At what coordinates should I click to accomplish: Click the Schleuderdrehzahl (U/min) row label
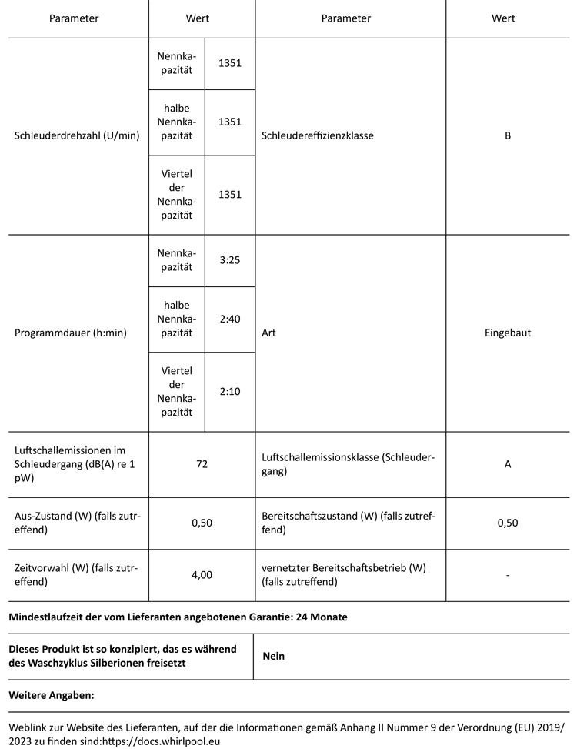coord(77,135)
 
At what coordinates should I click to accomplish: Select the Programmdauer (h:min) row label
coord(71,333)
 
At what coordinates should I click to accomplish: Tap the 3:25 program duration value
coord(230,260)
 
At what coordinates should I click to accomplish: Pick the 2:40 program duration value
coord(230,318)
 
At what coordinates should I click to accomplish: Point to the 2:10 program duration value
coord(230,391)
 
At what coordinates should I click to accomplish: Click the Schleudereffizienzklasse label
coord(318,135)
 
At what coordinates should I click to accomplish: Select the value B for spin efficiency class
coord(508,135)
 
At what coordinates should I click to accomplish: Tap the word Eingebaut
coord(508,333)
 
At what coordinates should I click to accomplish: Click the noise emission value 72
coord(202,464)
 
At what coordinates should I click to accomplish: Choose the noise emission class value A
coord(508,464)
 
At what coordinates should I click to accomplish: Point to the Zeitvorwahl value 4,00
coord(202,574)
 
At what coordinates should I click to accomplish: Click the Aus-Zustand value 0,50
coord(202,523)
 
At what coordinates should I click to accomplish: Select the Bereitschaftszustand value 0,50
coord(508,523)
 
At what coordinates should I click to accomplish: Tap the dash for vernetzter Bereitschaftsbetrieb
coord(508,575)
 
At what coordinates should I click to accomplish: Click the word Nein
coord(274,656)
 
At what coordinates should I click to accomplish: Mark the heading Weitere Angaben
coord(52,695)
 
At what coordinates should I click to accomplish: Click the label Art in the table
coord(268,333)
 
